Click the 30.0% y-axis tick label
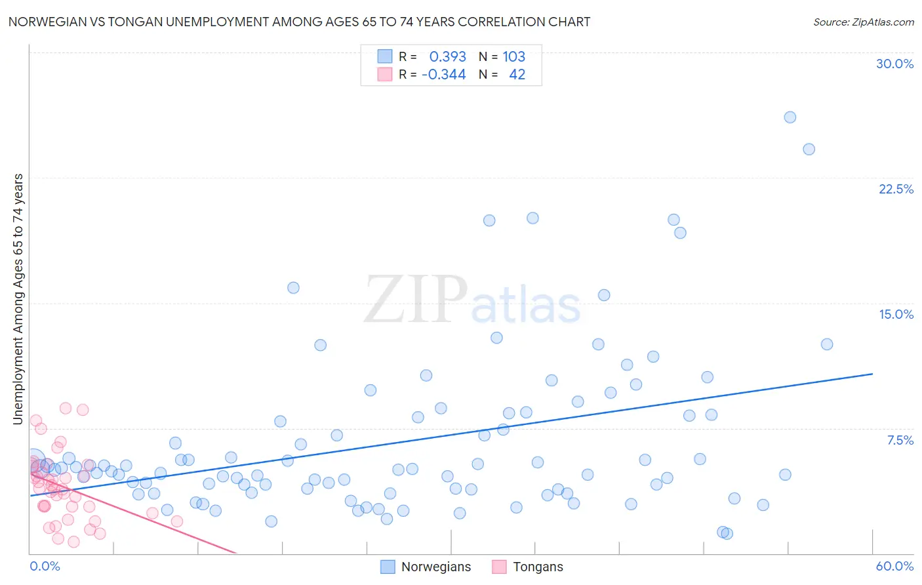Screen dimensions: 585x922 click(894, 64)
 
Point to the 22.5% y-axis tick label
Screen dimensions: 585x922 click(896, 189)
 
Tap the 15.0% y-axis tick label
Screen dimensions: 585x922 click(896, 314)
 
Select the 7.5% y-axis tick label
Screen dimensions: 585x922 click(900, 440)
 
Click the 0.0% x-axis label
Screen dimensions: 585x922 click(45, 566)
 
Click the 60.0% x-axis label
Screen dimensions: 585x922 click(894, 566)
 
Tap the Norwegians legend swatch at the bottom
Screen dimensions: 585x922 click(388, 567)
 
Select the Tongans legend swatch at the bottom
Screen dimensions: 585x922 click(499, 567)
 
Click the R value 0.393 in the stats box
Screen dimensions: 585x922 click(447, 56)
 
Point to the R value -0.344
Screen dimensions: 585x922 click(443, 74)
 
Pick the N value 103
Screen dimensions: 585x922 click(513, 56)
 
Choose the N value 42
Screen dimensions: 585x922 click(517, 74)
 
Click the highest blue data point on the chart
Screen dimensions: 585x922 click(790, 117)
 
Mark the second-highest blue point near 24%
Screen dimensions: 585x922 click(809, 150)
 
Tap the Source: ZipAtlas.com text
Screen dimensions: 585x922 click(863, 22)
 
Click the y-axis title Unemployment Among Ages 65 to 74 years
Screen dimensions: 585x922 click(18, 299)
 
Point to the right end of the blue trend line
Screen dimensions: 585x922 click(872, 374)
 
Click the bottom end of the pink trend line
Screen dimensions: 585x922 click(235, 554)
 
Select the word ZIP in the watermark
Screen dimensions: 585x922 click(415, 300)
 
